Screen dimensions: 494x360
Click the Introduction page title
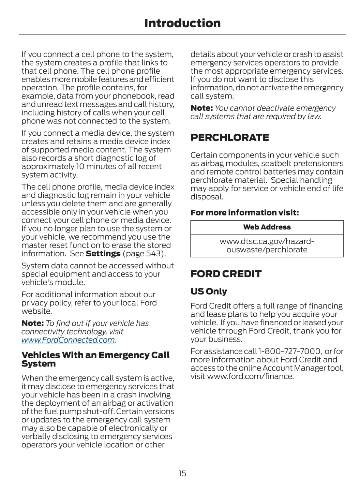(182, 23)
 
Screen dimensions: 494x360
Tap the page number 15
(182, 473)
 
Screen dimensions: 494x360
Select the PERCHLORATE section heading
(229, 137)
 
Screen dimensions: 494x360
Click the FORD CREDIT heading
(226, 274)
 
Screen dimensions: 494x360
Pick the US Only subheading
(209, 291)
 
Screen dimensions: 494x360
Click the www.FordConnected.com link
(68, 340)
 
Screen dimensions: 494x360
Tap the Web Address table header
(267, 227)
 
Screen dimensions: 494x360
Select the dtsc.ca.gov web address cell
(267, 245)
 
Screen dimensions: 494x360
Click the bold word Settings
(103, 254)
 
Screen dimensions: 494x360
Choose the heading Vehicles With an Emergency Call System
(95, 359)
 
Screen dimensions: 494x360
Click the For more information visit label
(244, 213)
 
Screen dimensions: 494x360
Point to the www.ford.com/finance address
(250, 376)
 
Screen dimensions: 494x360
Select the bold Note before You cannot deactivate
(201, 108)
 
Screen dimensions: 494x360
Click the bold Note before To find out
(32, 323)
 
